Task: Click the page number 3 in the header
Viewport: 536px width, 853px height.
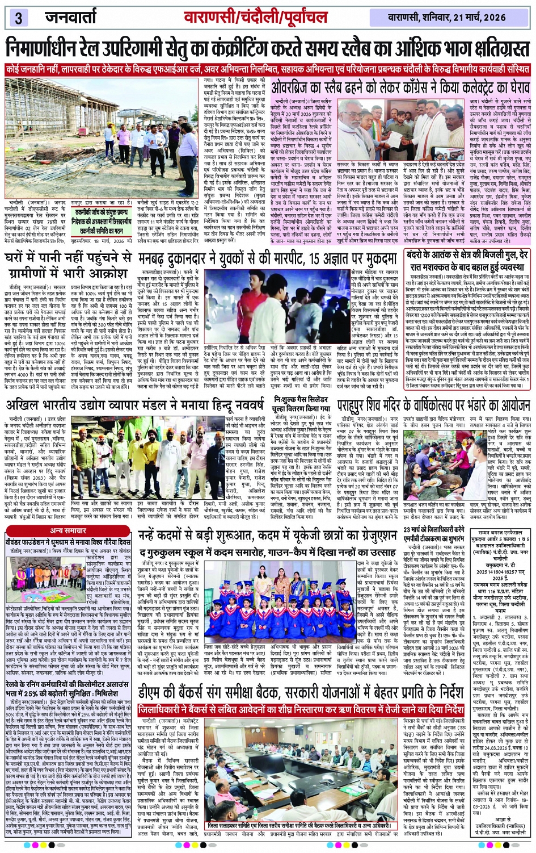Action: click(x=18, y=17)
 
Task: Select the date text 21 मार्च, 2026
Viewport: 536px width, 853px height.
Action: click(x=471, y=17)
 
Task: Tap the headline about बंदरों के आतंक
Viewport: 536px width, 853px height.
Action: click(x=468, y=260)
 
